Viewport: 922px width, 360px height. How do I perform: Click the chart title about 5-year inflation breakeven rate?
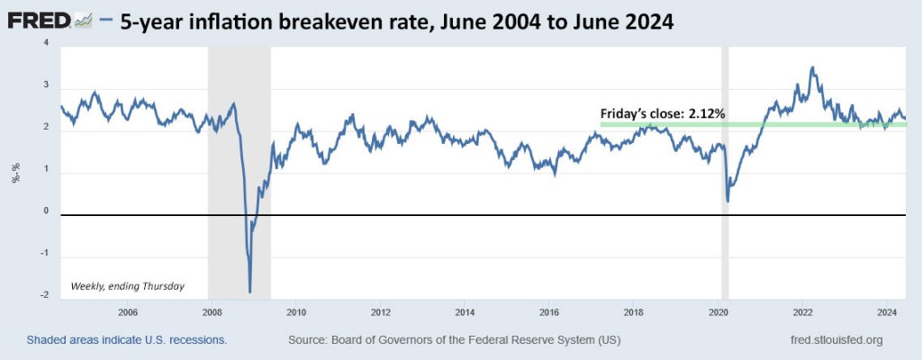tap(396, 21)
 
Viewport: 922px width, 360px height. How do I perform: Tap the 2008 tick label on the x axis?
tap(212, 312)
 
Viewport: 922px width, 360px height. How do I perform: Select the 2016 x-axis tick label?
tap(549, 312)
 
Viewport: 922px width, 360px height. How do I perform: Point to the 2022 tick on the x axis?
tap(803, 312)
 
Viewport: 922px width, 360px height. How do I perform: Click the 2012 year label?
tap(381, 312)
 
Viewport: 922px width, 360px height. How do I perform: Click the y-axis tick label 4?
tap(47, 45)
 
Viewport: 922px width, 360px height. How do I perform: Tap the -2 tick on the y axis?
tap(44, 294)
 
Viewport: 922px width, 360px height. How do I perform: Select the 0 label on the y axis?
tap(47, 211)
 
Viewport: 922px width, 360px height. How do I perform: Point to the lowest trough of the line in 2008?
tap(249, 292)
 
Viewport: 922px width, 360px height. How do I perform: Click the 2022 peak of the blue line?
tap(812, 67)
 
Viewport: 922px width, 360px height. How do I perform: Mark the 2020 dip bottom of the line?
tap(728, 200)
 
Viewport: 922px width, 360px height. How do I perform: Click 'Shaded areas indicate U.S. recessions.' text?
tap(126, 340)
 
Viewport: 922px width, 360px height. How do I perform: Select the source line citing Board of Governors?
tap(454, 340)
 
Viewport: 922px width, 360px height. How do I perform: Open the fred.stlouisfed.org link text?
tap(834, 340)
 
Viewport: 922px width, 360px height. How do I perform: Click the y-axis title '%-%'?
tap(15, 172)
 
